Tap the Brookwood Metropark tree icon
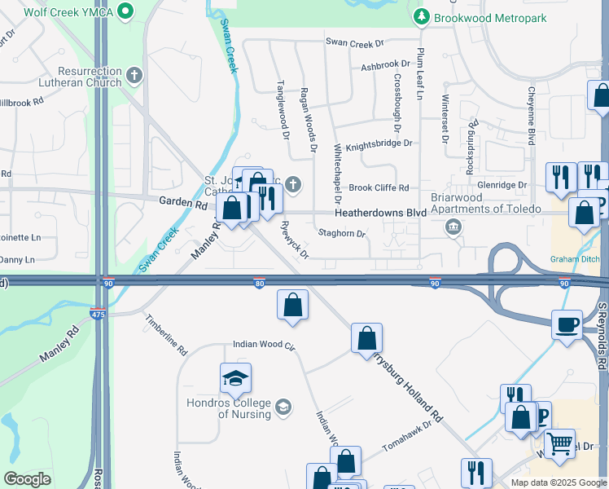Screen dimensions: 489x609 tap(421, 15)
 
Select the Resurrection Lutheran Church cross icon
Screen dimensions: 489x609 tap(135, 77)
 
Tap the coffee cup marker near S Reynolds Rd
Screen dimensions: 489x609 tap(567, 324)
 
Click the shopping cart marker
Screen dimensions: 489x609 tap(559, 443)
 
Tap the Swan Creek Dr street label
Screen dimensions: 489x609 tap(354, 42)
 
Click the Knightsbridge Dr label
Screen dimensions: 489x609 tap(379, 144)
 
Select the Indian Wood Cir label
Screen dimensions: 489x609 tap(263, 345)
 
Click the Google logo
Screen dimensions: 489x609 tap(27, 479)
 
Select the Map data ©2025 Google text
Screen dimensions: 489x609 tap(558, 482)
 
